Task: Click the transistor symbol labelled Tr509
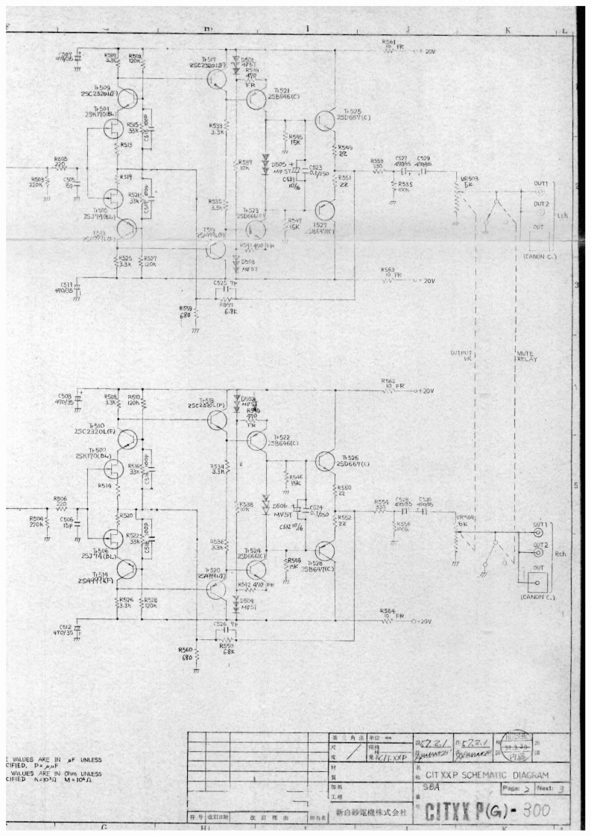tap(128, 101)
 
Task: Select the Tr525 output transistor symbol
tap(326, 122)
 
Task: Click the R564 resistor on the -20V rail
tap(388, 621)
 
